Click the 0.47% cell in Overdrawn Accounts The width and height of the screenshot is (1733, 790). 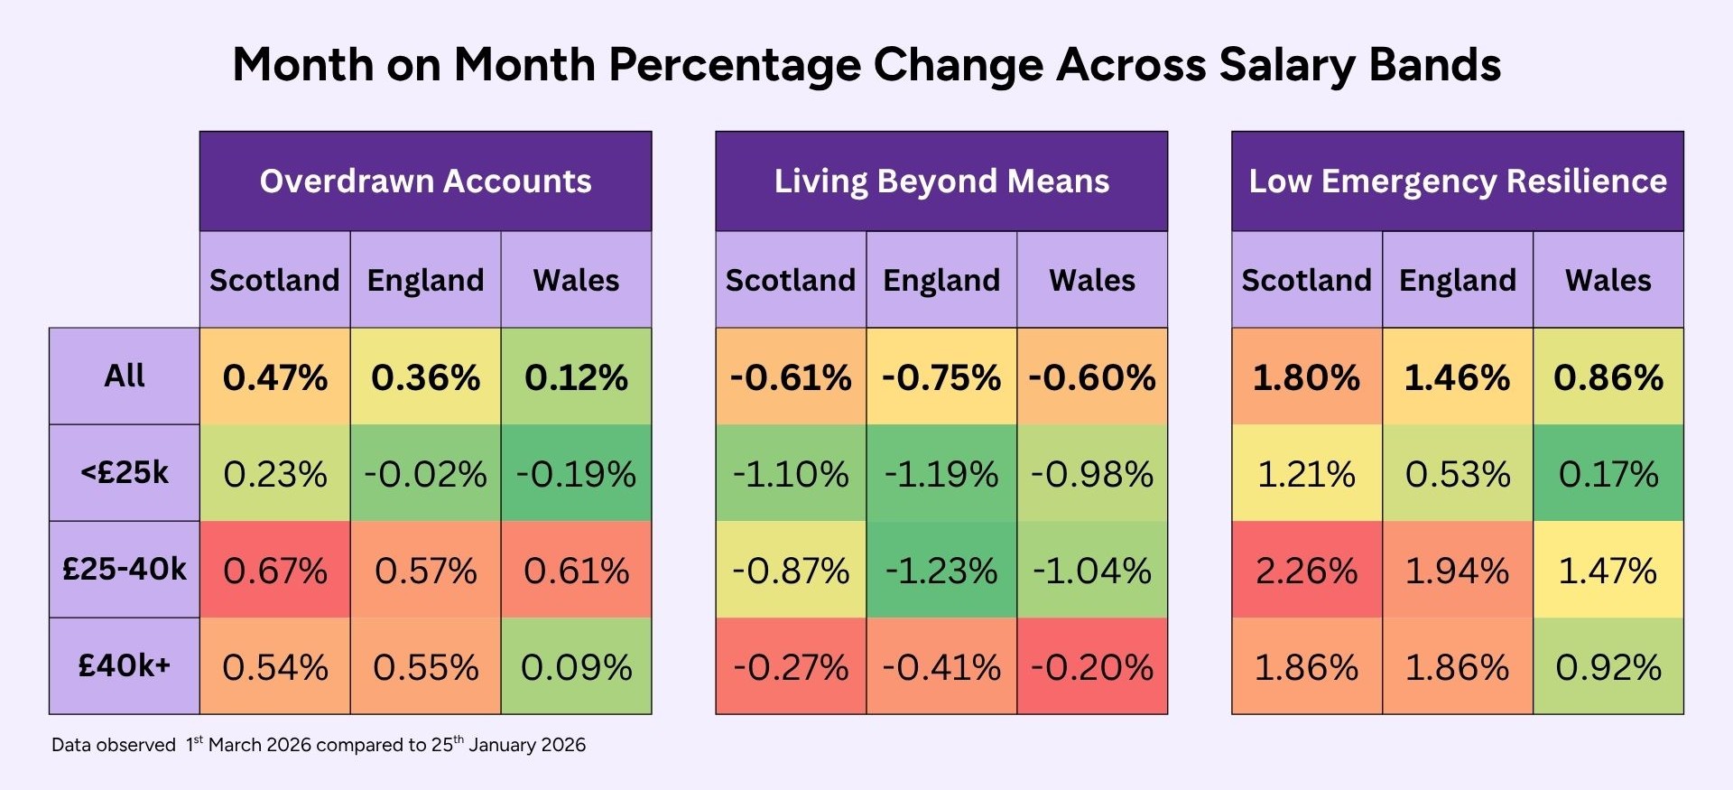pyautogui.click(x=275, y=377)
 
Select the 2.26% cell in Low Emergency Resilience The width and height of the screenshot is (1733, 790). pyautogui.click(x=1307, y=571)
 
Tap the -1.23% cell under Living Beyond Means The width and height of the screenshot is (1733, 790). pyautogui.click(x=941, y=571)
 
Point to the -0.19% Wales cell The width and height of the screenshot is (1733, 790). pyautogui.click(x=576, y=474)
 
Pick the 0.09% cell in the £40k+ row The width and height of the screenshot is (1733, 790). pyautogui.click(x=576, y=667)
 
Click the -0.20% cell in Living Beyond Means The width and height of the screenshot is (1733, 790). pyautogui.click(x=1092, y=667)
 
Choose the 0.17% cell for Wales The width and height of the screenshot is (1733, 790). pyautogui.click(x=1608, y=474)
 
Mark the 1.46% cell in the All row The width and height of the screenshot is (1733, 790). pyautogui.click(x=1458, y=377)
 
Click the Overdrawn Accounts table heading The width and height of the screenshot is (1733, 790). pyautogui.click(x=426, y=181)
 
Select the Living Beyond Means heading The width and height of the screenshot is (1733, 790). pyautogui.click(x=941, y=181)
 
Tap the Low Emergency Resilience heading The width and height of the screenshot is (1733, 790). pyautogui.click(x=1458, y=181)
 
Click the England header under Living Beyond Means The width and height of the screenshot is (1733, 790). pyautogui.click(x=941, y=281)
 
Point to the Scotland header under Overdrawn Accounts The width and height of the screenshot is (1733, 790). pyautogui.click(x=275, y=281)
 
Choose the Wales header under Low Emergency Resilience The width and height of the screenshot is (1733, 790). pyautogui.click(x=1608, y=281)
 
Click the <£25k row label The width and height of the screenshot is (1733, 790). pyautogui.click(x=125, y=473)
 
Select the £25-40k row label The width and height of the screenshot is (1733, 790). pyautogui.click(x=125, y=570)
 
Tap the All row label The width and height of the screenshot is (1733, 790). pyautogui.click(x=125, y=376)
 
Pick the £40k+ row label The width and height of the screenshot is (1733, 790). pyautogui.click(x=125, y=666)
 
